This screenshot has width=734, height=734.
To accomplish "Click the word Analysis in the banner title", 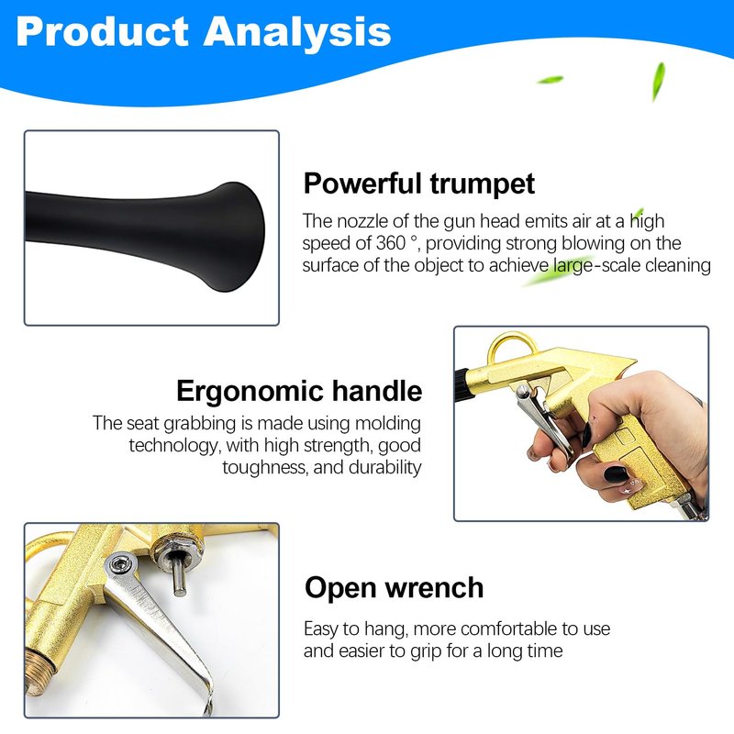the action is [296, 32].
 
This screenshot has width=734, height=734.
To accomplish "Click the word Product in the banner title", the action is [102, 31].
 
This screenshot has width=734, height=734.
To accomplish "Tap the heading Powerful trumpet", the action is [419, 183].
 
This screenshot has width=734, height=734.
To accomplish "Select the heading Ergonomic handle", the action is [299, 391].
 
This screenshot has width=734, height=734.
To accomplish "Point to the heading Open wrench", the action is [394, 588].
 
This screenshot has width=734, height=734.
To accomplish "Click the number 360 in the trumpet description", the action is [391, 243].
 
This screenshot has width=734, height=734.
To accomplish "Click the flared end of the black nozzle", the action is [239, 237].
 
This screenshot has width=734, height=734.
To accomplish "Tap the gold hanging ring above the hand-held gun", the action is [512, 344].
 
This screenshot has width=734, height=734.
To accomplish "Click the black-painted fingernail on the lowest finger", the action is [616, 474].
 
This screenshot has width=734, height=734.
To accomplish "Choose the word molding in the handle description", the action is [388, 424].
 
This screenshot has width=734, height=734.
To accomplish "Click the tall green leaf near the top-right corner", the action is [659, 81].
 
